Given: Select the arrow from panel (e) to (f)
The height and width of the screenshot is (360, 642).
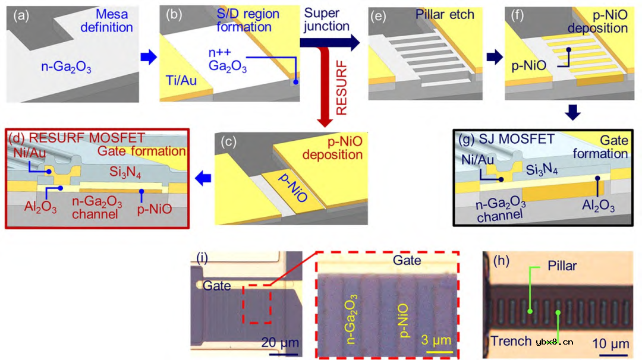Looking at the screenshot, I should pyautogui.click(x=492, y=57).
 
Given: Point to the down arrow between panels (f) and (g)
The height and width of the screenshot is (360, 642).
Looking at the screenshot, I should pyautogui.click(x=572, y=112).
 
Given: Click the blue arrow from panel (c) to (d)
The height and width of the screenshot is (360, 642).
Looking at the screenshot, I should pyautogui.click(x=204, y=177).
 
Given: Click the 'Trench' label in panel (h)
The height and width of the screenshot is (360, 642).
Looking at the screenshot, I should pyautogui.click(x=511, y=341).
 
